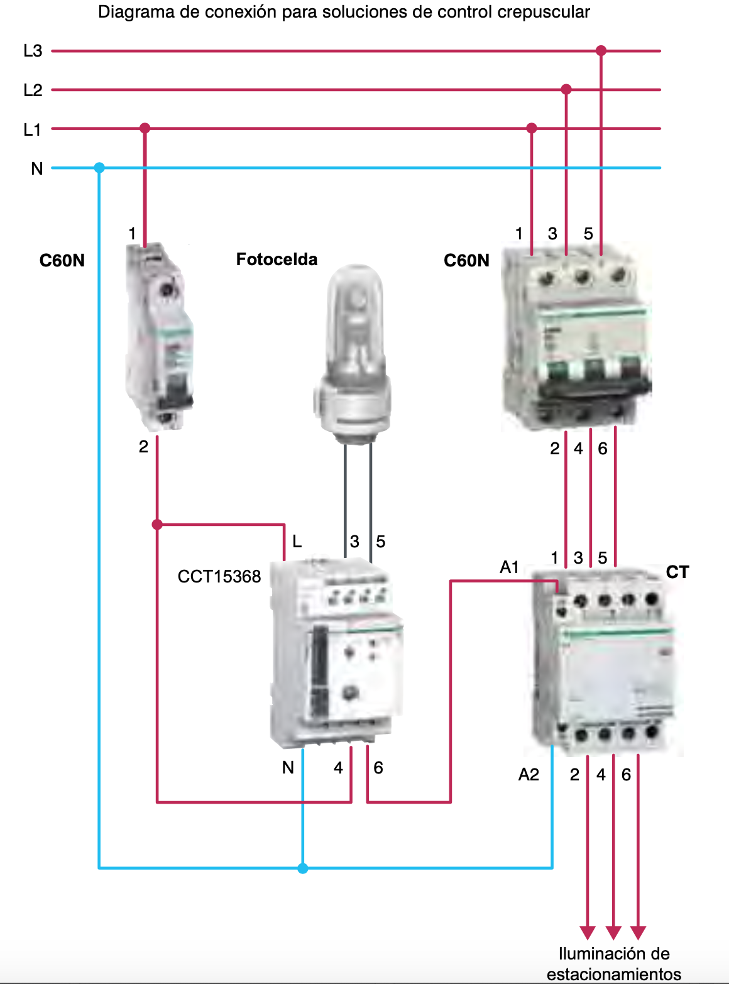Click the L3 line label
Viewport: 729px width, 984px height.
[x=33, y=51]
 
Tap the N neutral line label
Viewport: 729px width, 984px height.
[x=37, y=168]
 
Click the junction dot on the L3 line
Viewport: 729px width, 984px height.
[x=601, y=51]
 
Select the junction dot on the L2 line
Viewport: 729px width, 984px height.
[x=566, y=90]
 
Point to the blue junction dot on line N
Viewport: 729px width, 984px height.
[x=99, y=168]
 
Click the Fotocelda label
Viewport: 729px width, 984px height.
[x=277, y=260]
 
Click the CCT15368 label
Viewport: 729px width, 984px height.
[x=219, y=577]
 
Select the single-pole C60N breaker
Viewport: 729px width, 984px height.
[x=160, y=336]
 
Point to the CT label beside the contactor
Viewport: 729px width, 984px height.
[x=677, y=572]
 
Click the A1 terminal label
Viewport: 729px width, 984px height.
[x=509, y=567]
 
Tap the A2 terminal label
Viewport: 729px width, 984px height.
[x=529, y=775]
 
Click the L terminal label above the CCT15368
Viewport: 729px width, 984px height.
[x=297, y=541]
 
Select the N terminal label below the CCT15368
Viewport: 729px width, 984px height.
[x=288, y=767]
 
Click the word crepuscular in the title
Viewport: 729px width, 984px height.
[x=544, y=12]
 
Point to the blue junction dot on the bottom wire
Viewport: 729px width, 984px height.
[x=303, y=868]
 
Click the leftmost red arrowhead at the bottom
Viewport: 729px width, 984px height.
[x=588, y=932]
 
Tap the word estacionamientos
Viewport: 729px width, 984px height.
[x=613, y=975]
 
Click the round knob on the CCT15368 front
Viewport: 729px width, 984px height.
[x=350, y=694]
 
